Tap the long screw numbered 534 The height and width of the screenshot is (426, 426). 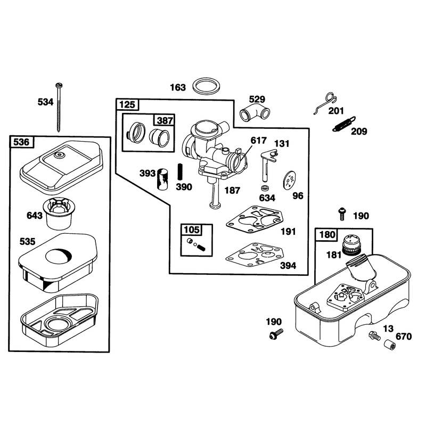pyautogui.click(x=59, y=108)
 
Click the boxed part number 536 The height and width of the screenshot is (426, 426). pyautogui.click(x=21, y=142)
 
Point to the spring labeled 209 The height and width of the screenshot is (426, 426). pyautogui.click(x=344, y=124)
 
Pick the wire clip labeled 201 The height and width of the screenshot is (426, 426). pyautogui.click(x=326, y=103)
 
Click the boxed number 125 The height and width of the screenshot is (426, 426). pyautogui.click(x=127, y=104)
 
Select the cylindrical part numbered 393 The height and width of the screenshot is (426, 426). pyautogui.click(x=162, y=179)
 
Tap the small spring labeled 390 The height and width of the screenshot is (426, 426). pyautogui.click(x=179, y=171)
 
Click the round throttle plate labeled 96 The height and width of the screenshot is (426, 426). pyautogui.click(x=290, y=180)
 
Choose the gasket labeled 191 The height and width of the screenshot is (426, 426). pyautogui.click(x=255, y=219)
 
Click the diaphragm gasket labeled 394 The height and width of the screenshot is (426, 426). pyautogui.click(x=255, y=255)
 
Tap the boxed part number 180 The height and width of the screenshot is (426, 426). pyautogui.click(x=327, y=234)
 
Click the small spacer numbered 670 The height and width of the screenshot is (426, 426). pyautogui.click(x=390, y=345)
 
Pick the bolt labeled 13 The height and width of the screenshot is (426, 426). pyautogui.click(x=374, y=335)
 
